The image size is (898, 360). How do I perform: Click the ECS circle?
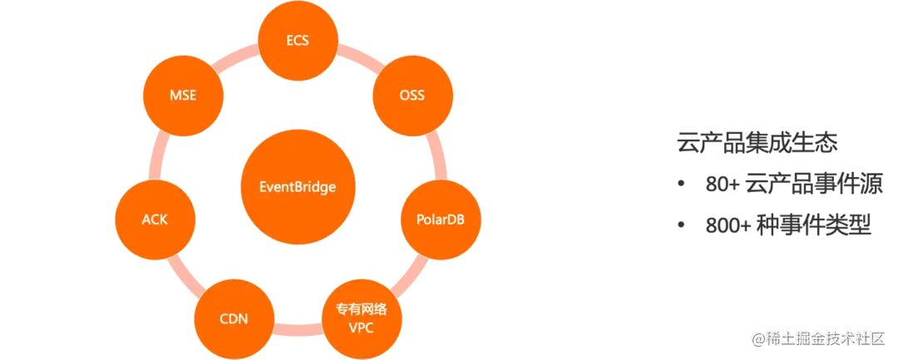297,39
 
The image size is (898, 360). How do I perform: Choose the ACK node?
155,220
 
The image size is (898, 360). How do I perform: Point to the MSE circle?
182,95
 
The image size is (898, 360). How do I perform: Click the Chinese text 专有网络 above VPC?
361,308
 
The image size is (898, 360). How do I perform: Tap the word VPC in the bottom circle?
362,327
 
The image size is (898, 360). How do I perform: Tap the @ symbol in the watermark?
757,339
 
